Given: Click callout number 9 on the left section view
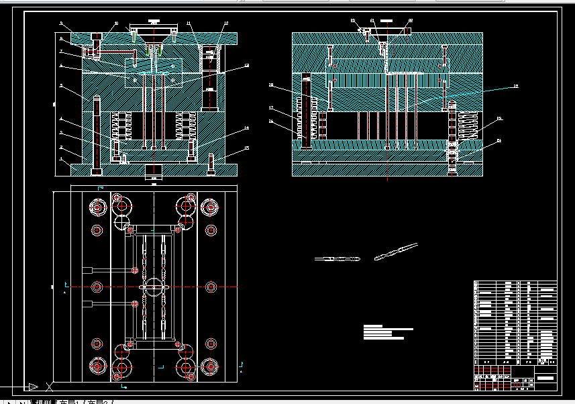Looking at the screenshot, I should (61, 24).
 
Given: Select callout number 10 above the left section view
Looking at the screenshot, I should (116, 23).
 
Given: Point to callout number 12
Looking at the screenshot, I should (226, 24).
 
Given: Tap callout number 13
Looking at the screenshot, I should (246, 66).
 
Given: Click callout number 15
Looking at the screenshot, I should (246, 148).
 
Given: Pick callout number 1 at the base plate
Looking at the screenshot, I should (61, 159).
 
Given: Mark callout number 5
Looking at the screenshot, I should (61, 86).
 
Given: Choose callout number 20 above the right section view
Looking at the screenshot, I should (353, 21).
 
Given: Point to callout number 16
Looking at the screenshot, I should (271, 121).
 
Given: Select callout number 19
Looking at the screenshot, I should (271, 85).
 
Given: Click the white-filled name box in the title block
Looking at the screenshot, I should (545, 378).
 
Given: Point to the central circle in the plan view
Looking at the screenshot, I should (154, 287).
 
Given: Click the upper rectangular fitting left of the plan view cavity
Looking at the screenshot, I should (87, 270).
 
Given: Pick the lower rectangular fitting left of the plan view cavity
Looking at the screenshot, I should (87, 304).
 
